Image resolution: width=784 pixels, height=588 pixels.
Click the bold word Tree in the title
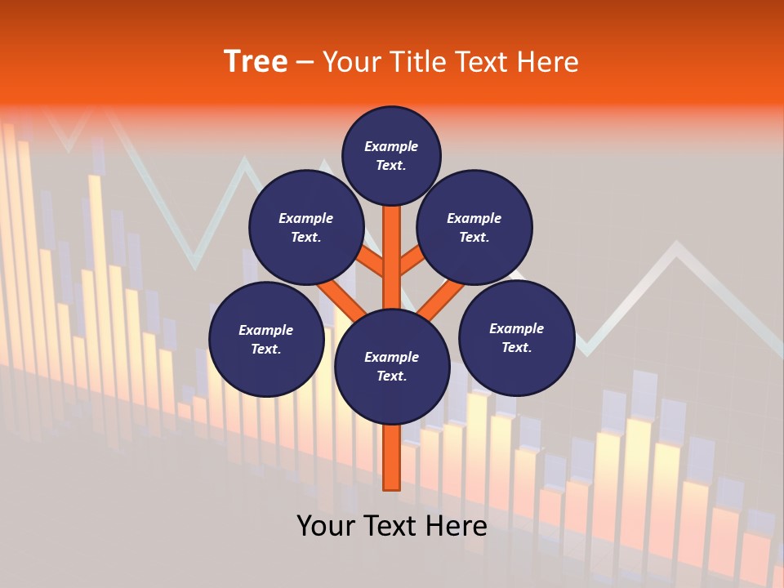pos(256,62)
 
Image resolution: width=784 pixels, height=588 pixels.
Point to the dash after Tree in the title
pos(305,63)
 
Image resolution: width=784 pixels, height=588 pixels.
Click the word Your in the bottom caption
pos(327,526)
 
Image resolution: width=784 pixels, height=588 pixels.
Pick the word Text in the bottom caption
pos(394,526)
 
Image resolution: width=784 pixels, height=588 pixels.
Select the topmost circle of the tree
pos(391,155)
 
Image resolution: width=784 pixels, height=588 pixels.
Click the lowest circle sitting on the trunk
pos(392,367)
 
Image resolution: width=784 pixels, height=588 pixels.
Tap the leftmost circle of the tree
pos(266,339)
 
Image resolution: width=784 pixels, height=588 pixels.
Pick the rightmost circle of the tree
pos(516,337)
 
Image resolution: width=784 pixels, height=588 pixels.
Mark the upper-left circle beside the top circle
pos(306,227)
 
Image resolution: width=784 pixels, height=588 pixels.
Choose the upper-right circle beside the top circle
pos(474,227)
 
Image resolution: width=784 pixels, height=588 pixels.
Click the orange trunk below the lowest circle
pos(392,457)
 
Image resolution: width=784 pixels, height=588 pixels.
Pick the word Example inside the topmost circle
pos(391,146)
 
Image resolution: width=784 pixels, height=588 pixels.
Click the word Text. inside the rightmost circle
pos(516,347)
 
